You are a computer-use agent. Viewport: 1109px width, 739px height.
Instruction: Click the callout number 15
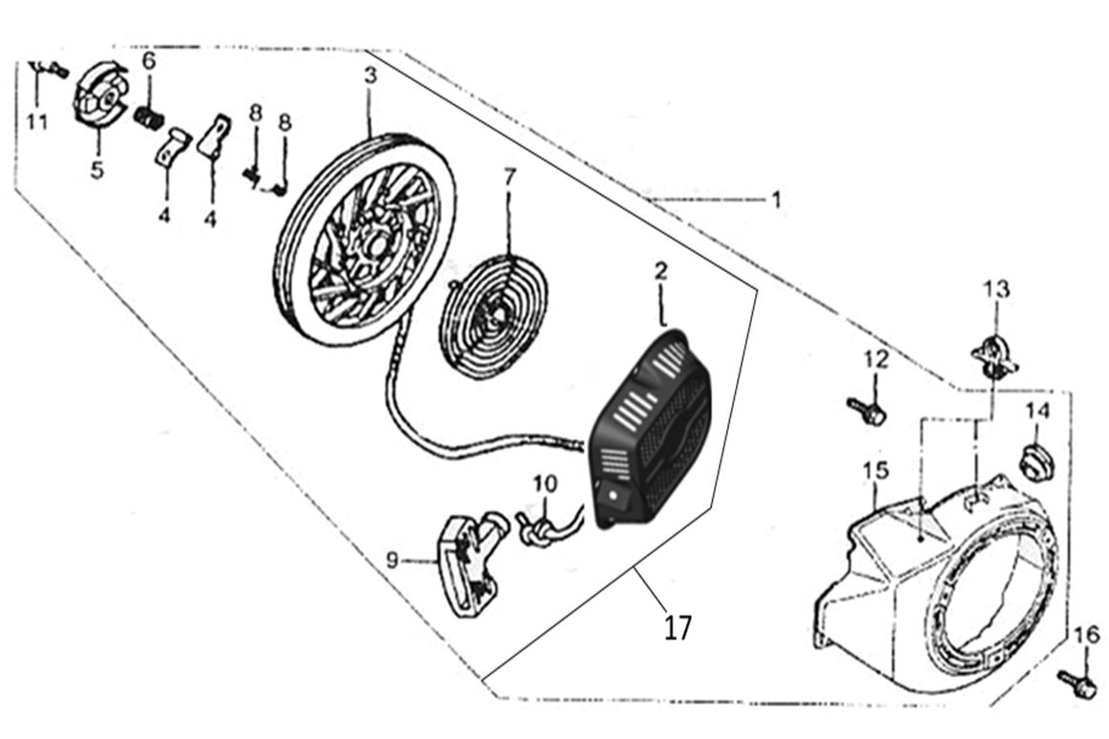click(x=875, y=471)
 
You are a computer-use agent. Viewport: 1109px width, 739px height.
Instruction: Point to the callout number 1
click(x=776, y=200)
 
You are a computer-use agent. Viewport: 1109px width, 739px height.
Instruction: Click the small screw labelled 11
click(x=48, y=70)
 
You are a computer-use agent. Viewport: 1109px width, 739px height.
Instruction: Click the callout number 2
click(x=660, y=272)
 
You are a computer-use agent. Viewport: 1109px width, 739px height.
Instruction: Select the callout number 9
click(x=392, y=561)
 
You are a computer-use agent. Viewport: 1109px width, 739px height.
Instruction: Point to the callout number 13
click(x=995, y=288)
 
